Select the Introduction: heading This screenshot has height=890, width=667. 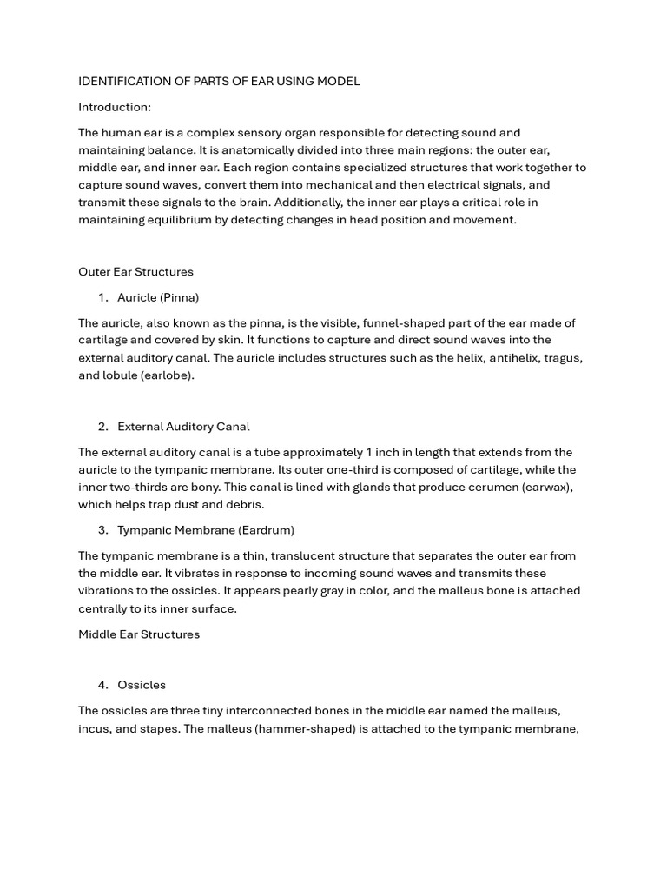tap(115, 107)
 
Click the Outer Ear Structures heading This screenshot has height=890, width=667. tap(135, 272)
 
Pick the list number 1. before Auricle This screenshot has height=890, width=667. tap(103, 297)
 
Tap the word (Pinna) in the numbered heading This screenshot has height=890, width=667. tap(179, 297)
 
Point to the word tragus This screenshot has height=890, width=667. tap(560, 358)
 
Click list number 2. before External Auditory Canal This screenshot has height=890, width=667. tap(103, 427)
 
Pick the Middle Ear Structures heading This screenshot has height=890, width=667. tap(139, 634)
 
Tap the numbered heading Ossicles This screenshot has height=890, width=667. tap(142, 686)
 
